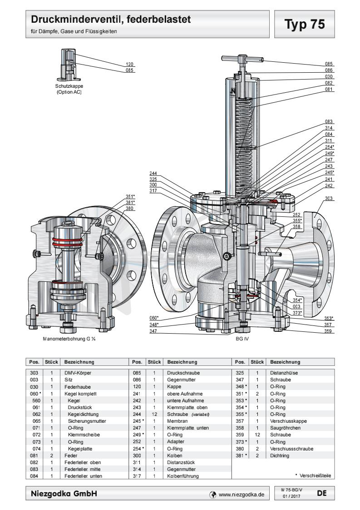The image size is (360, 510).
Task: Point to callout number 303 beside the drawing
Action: (x=329, y=199)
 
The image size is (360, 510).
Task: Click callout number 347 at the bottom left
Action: (x=154, y=331)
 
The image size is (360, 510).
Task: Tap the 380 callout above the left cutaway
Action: (x=129, y=209)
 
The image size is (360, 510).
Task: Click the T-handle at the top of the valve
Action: (x=242, y=59)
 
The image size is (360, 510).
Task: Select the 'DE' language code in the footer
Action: (x=321, y=492)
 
